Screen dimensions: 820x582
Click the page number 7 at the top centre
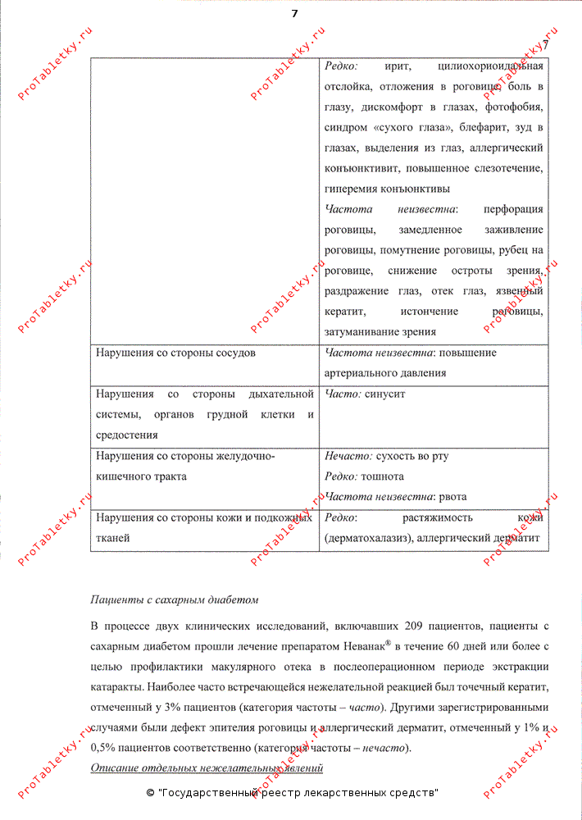(294, 13)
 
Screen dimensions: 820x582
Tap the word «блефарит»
(481, 127)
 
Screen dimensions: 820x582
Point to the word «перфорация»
(513, 209)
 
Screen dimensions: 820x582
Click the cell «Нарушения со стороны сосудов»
(175, 353)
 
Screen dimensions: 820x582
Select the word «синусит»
(386, 394)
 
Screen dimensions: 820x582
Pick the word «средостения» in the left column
(127, 435)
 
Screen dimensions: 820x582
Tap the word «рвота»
(452, 496)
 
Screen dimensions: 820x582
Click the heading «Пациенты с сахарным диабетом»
(175, 599)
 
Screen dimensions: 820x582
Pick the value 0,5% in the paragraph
(103, 748)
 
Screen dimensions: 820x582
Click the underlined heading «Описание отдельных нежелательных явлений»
(207, 768)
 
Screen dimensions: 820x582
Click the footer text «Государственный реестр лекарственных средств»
(297, 793)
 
